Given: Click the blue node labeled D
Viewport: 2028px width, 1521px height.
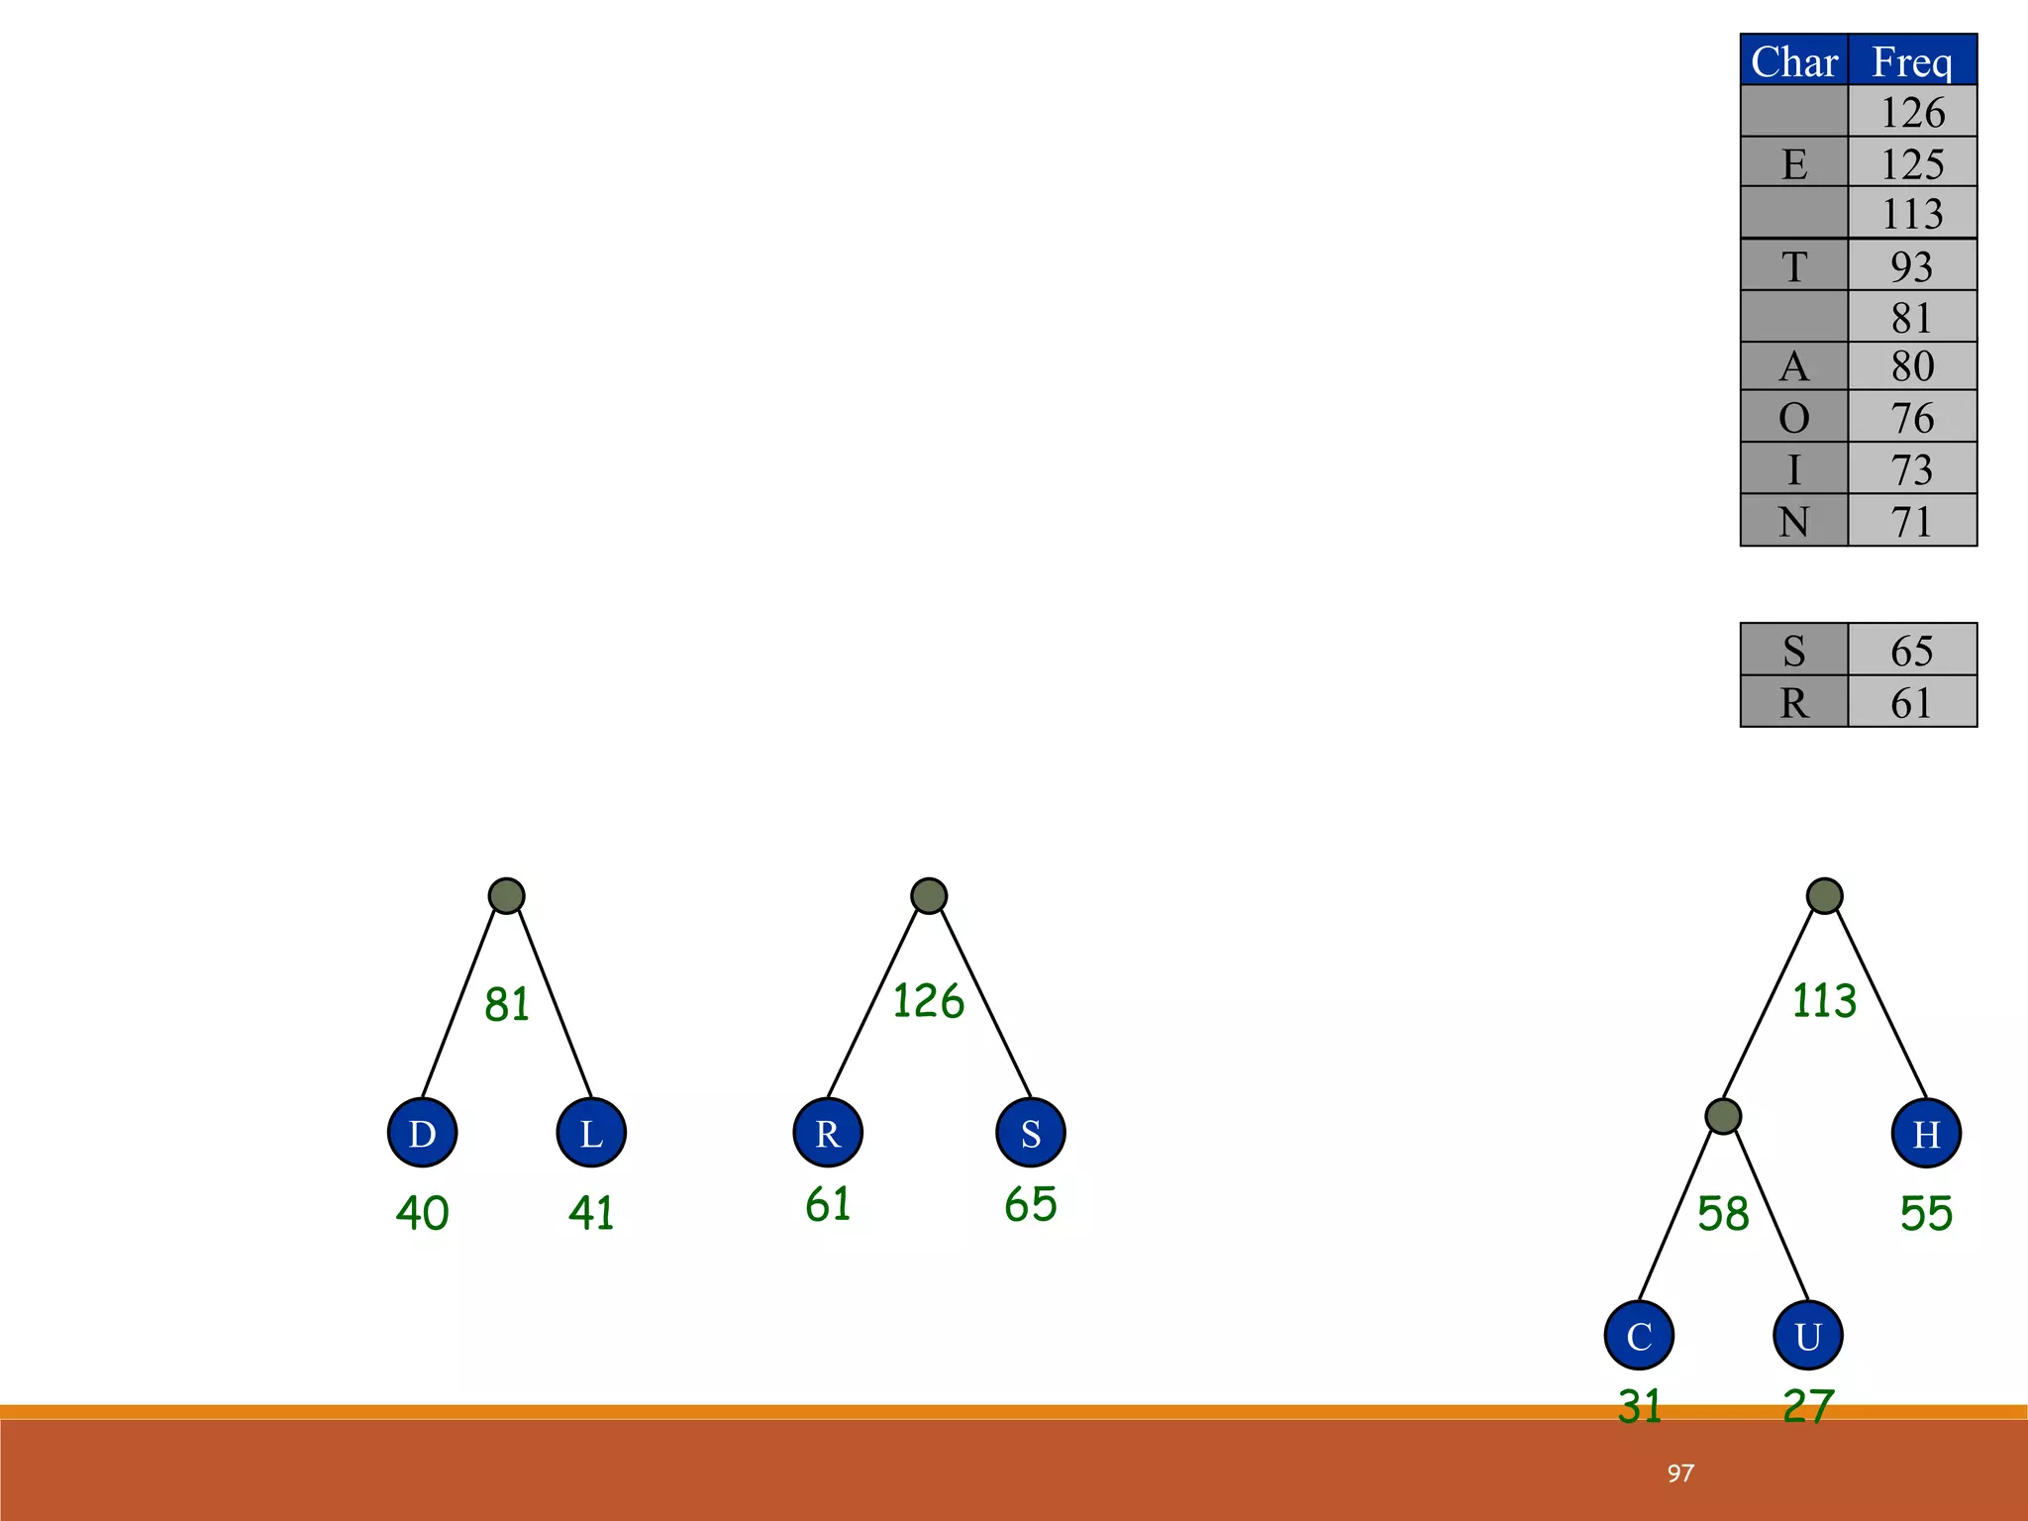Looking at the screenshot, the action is click(422, 1133).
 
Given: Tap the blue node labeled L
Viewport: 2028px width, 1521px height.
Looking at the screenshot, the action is click(591, 1133).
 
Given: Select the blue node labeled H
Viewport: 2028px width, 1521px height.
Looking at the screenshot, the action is click(1926, 1133).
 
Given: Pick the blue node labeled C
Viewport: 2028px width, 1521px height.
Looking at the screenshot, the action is click(1639, 1336).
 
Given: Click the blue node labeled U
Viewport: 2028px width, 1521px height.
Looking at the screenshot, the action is click(1808, 1336).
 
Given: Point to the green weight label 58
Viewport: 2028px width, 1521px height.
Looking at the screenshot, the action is click(1723, 1213).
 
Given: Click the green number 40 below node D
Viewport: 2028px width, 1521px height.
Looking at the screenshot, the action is click(422, 1213).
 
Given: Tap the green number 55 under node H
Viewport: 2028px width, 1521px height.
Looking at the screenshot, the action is click(1926, 1213).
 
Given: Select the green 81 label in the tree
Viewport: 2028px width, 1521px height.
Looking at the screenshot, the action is click(507, 1004).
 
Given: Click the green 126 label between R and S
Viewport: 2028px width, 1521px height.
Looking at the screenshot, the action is click(928, 1001).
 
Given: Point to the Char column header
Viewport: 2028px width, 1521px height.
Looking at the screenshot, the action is click(1794, 61).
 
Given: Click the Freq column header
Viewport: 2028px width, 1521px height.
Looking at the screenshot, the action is click(1912, 61).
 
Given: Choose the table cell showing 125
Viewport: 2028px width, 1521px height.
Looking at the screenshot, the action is click(1912, 163).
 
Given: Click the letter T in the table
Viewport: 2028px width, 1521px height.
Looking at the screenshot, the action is click(1794, 266).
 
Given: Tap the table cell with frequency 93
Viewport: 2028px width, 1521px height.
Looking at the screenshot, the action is click(1912, 266).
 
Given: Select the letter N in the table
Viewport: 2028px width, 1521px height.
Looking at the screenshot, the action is click(1794, 522).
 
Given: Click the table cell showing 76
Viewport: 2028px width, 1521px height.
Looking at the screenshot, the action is click(1912, 418).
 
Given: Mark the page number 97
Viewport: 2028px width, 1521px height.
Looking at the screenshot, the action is click(1680, 1473).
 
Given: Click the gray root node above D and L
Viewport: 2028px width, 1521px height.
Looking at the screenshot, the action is click(507, 896).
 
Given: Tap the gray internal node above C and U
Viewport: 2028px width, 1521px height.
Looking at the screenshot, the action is click(1723, 1117).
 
